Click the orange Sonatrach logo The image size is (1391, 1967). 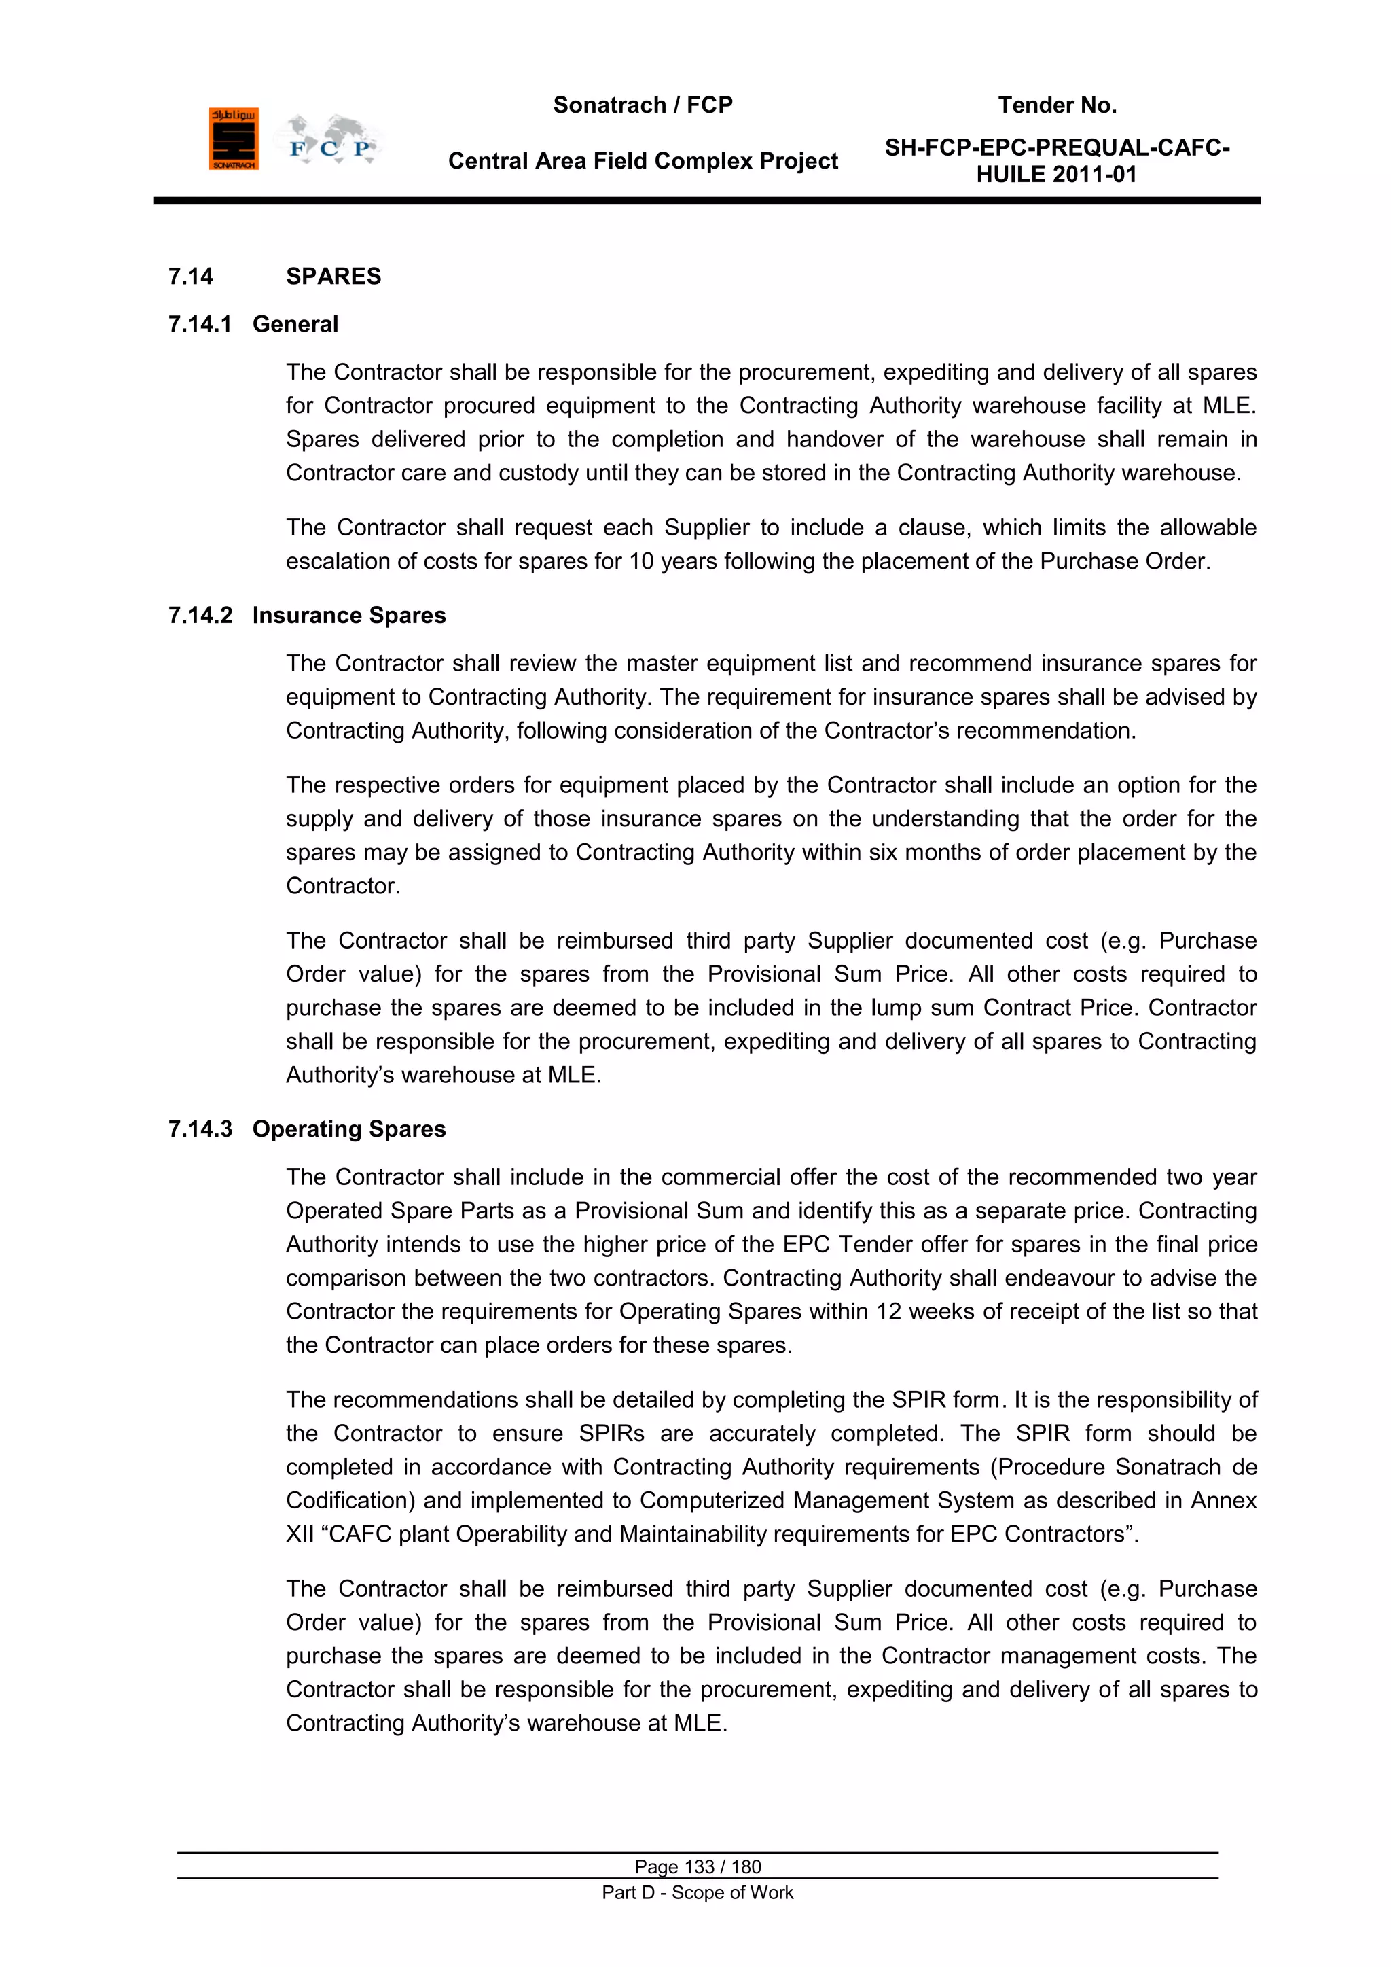pyautogui.click(x=233, y=139)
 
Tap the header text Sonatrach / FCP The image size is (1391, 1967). pyautogui.click(x=643, y=105)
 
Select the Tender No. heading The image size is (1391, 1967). pyautogui.click(x=1056, y=105)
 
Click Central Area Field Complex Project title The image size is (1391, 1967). pyautogui.click(x=643, y=161)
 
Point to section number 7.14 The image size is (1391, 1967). pyautogui.click(x=190, y=277)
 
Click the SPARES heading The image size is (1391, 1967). pyautogui.click(x=333, y=277)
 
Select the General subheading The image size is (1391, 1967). pyautogui.click(x=295, y=325)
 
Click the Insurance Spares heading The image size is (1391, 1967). pyautogui.click(x=348, y=616)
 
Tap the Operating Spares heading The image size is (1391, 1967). pyautogui.click(x=348, y=1129)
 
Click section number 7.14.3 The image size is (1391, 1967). pyautogui.click(x=200, y=1129)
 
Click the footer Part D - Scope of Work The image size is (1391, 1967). pyautogui.click(x=698, y=1892)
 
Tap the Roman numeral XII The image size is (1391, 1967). pyautogui.click(x=300, y=1534)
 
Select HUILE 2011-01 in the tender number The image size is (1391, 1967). pyautogui.click(x=1056, y=175)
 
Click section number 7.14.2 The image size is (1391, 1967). pyautogui.click(x=200, y=616)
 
